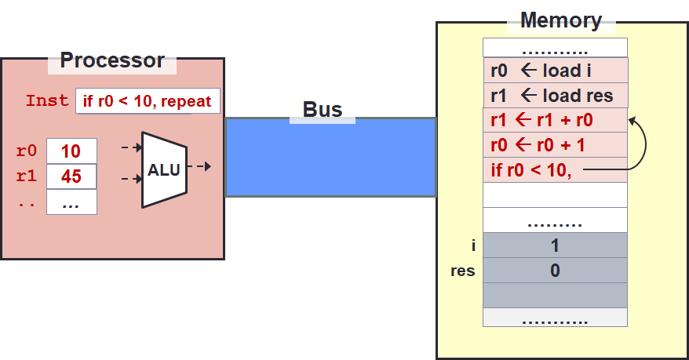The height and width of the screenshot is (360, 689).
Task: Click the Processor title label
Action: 112,60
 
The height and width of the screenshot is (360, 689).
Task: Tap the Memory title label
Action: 561,20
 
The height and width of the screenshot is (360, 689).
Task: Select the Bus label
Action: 323,110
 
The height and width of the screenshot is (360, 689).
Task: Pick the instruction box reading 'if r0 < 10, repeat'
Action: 148,101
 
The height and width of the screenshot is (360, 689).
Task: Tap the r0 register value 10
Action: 71,151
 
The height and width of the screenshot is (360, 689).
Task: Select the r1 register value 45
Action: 71,176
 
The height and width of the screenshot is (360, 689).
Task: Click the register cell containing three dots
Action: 71,202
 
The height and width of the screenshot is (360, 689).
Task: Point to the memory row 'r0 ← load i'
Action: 555,70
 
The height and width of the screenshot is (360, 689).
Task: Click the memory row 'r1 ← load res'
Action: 555,96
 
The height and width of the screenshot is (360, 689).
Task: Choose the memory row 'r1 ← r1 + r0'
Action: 555,121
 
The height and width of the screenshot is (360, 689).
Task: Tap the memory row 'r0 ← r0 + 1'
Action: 555,145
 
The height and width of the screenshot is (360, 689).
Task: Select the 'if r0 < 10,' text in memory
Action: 530,170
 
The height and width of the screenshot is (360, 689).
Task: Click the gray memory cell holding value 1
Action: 555,245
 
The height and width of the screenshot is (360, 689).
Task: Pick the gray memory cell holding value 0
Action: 555,271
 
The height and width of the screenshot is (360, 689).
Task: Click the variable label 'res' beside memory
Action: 462,271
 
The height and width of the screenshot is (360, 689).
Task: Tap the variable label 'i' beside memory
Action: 472,245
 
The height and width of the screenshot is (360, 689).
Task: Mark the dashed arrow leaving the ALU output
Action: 202,166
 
